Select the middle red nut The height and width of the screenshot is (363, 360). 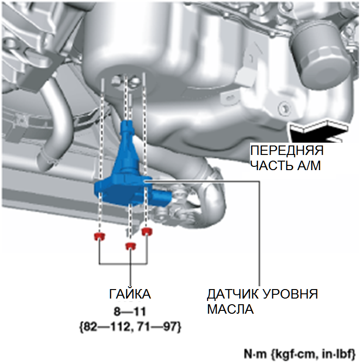pyautogui.click(x=130, y=245)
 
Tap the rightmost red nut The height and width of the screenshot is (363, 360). pyautogui.click(x=147, y=231)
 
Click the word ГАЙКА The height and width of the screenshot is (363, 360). pyautogui.click(x=130, y=294)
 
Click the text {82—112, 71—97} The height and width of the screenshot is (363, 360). pyautogui.click(x=129, y=327)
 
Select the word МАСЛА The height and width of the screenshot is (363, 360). pyautogui.click(x=230, y=309)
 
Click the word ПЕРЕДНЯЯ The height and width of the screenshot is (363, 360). pyautogui.click(x=287, y=152)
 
